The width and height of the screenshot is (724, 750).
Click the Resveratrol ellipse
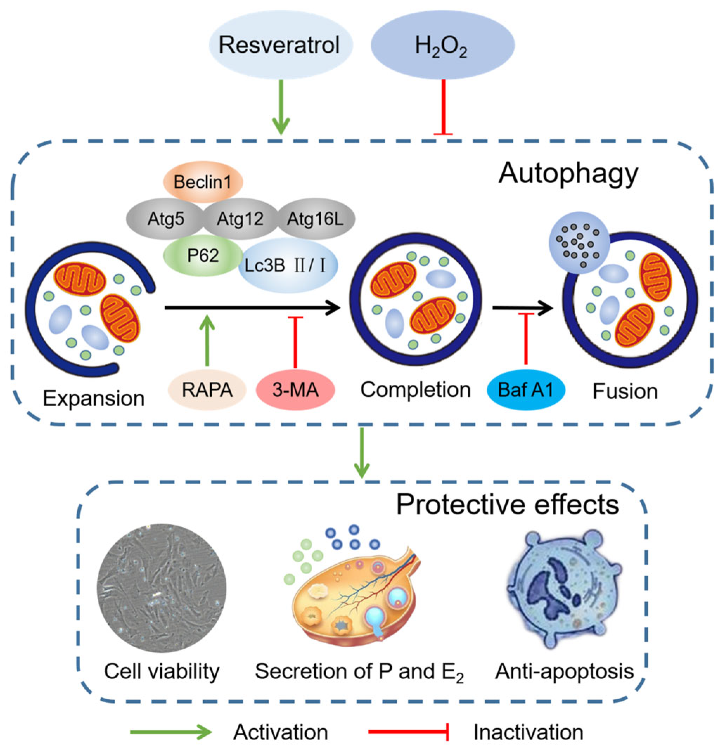[x=280, y=45]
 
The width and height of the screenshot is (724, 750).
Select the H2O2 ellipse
[x=442, y=45]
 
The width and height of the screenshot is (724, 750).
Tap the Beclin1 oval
[x=203, y=181]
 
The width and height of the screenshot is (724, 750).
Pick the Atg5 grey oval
[x=165, y=219]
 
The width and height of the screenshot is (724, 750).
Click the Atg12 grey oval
[x=240, y=219]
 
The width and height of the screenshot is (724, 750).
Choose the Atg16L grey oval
[x=316, y=219]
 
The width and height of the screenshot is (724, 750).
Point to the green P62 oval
[x=203, y=255]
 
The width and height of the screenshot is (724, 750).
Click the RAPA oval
[x=207, y=390]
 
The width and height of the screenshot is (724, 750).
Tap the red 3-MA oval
[x=295, y=390]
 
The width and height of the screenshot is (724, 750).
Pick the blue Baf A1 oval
[x=526, y=390]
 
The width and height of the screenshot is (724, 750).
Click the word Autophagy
[x=568, y=174]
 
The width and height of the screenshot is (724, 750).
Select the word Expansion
[x=94, y=398]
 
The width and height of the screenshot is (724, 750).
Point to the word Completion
[x=415, y=390]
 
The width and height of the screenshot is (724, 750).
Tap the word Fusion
[x=625, y=391]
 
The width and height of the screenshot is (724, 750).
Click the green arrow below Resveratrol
[x=281, y=107]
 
